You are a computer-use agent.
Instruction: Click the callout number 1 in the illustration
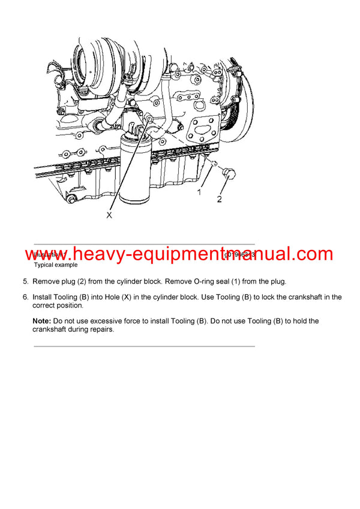pyautogui.click(x=199, y=192)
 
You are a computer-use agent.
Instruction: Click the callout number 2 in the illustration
pyautogui.click(x=220, y=198)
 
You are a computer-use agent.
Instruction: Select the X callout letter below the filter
pyautogui.click(x=109, y=215)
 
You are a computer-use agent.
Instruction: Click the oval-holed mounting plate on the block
pyautogui.click(x=202, y=135)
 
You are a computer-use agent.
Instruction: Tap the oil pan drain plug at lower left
pyautogui.click(x=71, y=198)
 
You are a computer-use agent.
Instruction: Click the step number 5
pyautogui.click(x=25, y=281)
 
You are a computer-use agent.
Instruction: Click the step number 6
pyautogui.click(x=25, y=297)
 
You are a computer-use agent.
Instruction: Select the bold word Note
pyautogui.click(x=43, y=321)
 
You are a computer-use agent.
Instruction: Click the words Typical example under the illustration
pyautogui.click(x=55, y=264)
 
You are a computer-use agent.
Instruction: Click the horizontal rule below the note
pyautogui.click(x=144, y=346)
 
